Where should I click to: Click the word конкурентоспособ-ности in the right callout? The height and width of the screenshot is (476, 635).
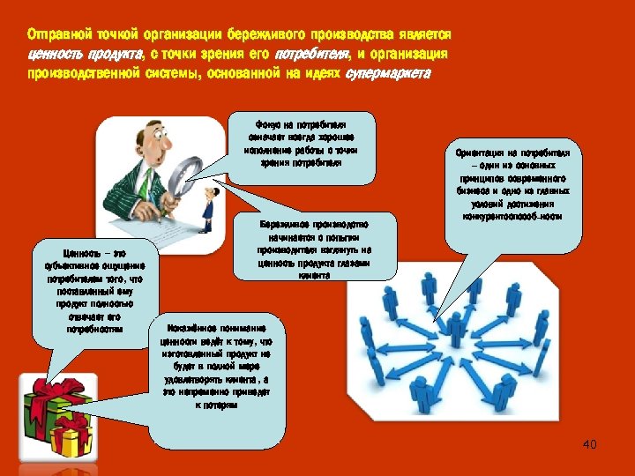coord(512,215)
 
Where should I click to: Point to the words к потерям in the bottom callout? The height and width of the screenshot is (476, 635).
coord(217,406)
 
